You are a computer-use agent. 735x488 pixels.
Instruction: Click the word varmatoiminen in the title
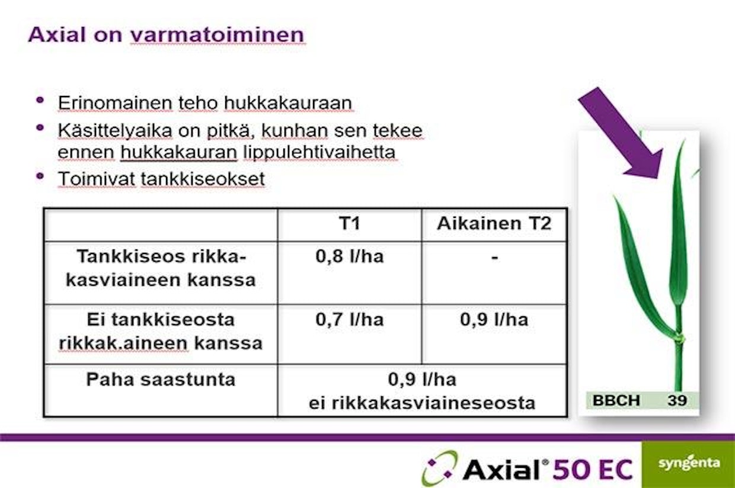tap(218, 35)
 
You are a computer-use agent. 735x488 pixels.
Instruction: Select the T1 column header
tap(350, 223)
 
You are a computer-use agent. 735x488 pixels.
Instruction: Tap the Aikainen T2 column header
tap(494, 223)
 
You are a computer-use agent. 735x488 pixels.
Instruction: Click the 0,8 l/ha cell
tap(350, 256)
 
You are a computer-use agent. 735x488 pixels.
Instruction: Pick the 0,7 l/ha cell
tap(350, 320)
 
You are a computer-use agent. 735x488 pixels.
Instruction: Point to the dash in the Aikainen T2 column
tap(494, 258)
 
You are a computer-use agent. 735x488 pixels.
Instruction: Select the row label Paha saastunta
tap(161, 380)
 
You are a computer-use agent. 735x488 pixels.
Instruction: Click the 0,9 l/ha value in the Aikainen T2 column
tap(494, 320)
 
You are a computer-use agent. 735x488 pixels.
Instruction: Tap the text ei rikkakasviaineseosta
tap(422, 403)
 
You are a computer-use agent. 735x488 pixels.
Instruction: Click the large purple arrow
tap(622, 133)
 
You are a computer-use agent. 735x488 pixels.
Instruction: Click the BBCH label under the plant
tap(616, 400)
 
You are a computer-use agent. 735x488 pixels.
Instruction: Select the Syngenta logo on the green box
tap(689, 463)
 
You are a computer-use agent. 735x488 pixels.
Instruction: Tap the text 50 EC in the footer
tap(593, 469)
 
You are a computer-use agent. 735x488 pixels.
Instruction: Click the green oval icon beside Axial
tap(440, 468)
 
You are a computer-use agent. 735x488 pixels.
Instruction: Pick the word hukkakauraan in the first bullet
tap(287, 103)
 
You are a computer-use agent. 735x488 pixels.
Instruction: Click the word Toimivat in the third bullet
tap(97, 179)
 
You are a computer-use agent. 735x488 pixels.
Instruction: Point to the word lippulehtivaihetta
tap(319, 152)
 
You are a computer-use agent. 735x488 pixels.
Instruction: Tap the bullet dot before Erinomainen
tap(40, 100)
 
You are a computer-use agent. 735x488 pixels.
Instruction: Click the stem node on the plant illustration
tap(679, 338)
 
